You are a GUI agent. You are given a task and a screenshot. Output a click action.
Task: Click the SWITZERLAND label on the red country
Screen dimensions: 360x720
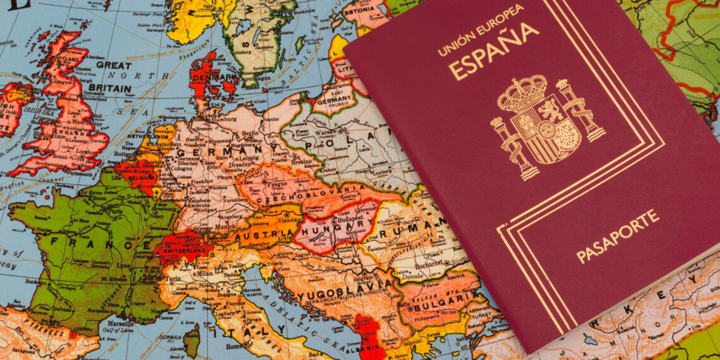(186, 250)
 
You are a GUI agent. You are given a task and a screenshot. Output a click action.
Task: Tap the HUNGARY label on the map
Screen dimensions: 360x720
(345, 225)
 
